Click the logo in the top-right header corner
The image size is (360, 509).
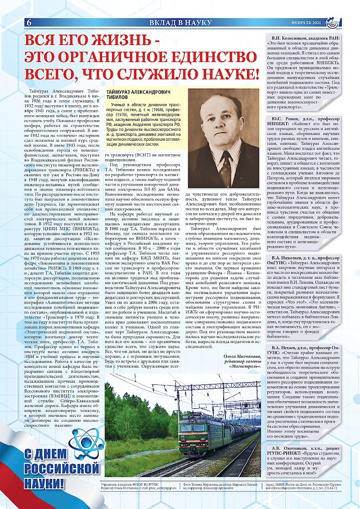coord(334,22)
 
